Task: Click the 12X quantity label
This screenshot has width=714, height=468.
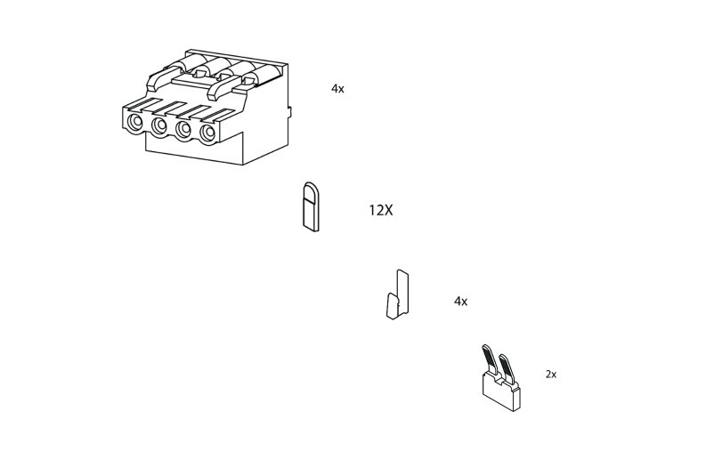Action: (x=380, y=211)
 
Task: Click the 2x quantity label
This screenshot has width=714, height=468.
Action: (x=550, y=375)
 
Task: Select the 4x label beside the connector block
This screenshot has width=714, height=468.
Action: (x=337, y=89)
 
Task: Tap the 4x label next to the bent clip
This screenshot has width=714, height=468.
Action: (x=460, y=302)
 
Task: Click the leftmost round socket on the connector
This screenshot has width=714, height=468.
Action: (x=135, y=123)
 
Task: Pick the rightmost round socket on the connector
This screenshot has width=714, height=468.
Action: (x=207, y=134)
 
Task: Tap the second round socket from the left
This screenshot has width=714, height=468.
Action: (x=159, y=127)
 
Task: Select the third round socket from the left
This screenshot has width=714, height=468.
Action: (x=183, y=131)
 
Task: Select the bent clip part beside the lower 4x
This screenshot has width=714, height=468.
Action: (x=397, y=295)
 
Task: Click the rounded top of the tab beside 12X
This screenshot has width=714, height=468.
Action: (x=311, y=190)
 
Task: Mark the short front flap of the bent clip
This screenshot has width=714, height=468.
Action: (x=392, y=307)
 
